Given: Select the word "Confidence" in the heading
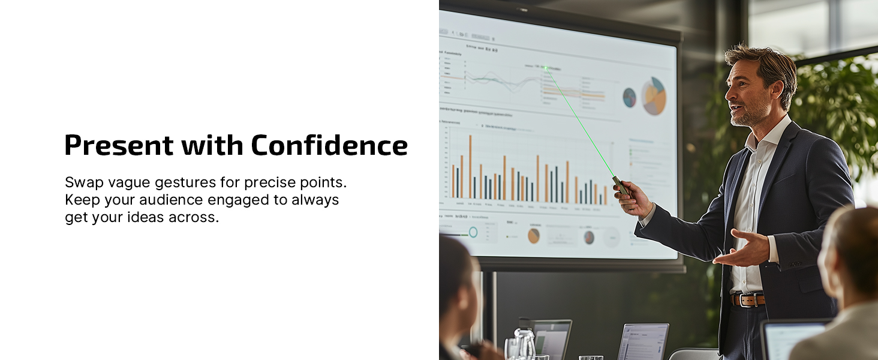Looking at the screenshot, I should (x=329, y=146).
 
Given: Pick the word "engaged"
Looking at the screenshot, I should (x=236, y=200).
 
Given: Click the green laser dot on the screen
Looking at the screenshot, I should (x=546, y=68).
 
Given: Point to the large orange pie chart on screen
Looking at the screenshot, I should (x=654, y=97).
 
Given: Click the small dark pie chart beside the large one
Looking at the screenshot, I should (x=629, y=97).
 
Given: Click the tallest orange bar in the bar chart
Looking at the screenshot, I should (x=470, y=166).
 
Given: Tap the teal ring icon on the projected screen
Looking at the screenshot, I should (x=473, y=232).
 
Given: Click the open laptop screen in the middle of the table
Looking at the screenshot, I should (x=643, y=342).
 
